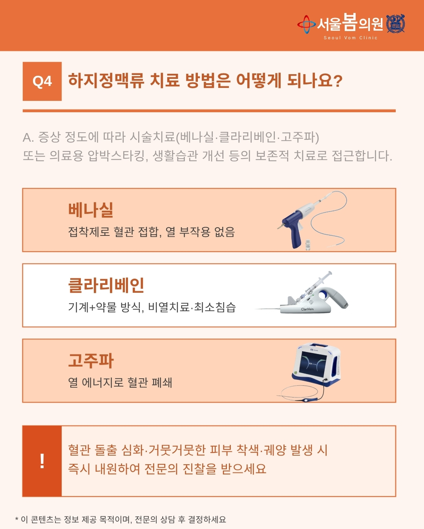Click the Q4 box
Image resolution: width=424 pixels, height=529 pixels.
42,81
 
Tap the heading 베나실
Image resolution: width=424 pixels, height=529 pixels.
91,210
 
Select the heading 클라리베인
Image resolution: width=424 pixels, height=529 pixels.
106,285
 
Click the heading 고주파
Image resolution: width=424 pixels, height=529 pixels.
91,361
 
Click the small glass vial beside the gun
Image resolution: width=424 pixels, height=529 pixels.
308,245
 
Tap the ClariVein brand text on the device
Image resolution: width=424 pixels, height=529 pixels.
307,309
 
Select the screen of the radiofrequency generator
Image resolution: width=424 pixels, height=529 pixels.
313,364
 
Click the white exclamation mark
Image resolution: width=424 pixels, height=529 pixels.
42,461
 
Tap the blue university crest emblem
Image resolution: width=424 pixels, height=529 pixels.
396,24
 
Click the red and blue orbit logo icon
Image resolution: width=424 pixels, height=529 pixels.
307,24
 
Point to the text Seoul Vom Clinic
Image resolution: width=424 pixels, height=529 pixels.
351,38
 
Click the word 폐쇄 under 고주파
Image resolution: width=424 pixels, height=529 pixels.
162,383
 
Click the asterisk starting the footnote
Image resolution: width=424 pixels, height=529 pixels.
17,518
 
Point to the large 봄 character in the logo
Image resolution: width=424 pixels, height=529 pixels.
350,22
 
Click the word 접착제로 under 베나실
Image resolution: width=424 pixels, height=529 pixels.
89,232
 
